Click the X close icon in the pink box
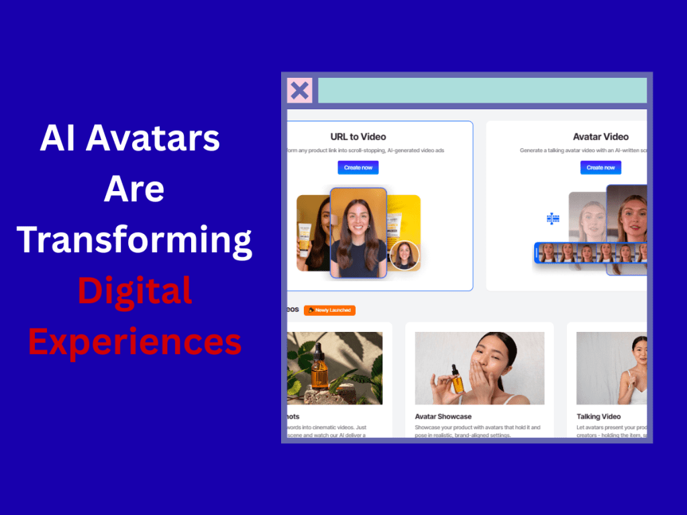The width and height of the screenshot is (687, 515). click(x=299, y=91)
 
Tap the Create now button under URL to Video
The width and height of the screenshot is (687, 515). click(x=358, y=168)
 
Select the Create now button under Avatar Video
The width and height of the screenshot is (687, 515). click(x=600, y=168)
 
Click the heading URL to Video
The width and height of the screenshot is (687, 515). click(x=358, y=137)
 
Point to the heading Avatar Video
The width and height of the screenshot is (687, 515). click(x=600, y=137)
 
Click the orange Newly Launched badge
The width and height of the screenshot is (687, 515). click(x=329, y=310)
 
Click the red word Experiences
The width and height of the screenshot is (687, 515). click(x=135, y=341)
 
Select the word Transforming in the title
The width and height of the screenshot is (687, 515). click(x=135, y=239)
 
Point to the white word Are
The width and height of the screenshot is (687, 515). click(x=134, y=189)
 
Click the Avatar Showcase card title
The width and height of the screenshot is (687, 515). click(x=443, y=416)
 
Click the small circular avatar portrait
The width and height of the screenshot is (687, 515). click(x=405, y=255)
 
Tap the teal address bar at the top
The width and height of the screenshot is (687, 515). click(x=482, y=91)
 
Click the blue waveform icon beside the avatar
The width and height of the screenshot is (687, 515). click(x=553, y=219)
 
